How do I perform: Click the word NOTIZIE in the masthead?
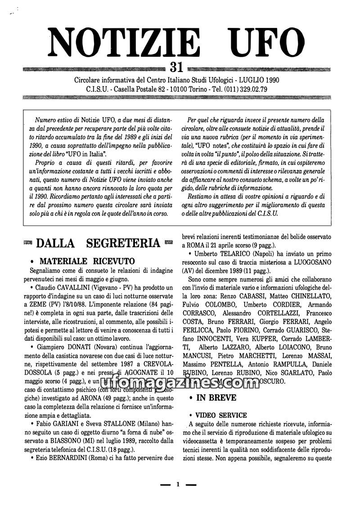pyautogui.click(x=125, y=42)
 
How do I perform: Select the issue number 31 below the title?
pyautogui.click(x=176, y=68)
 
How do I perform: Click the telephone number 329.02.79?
pyautogui.click(x=250, y=89)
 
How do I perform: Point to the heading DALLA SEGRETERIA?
pyautogui.click(x=98, y=243)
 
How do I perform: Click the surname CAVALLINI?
pyautogui.click(x=80, y=287)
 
